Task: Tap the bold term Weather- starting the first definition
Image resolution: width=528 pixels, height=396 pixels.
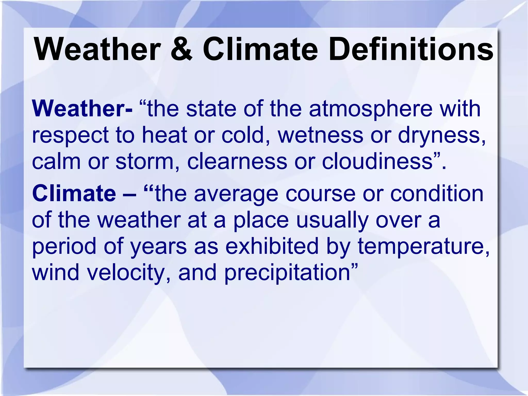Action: pyautogui.click(x=82, y=109)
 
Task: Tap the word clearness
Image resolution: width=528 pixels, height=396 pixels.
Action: pyautogui.click(x=237, y=162)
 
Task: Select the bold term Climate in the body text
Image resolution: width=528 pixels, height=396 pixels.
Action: pyautogui.click(x=74, y=193)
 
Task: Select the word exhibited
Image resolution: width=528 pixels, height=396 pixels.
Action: pyautogui.click(x=272, y=246)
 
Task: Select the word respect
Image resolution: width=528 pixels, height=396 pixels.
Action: pyautogui.click(x=70, y=136)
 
